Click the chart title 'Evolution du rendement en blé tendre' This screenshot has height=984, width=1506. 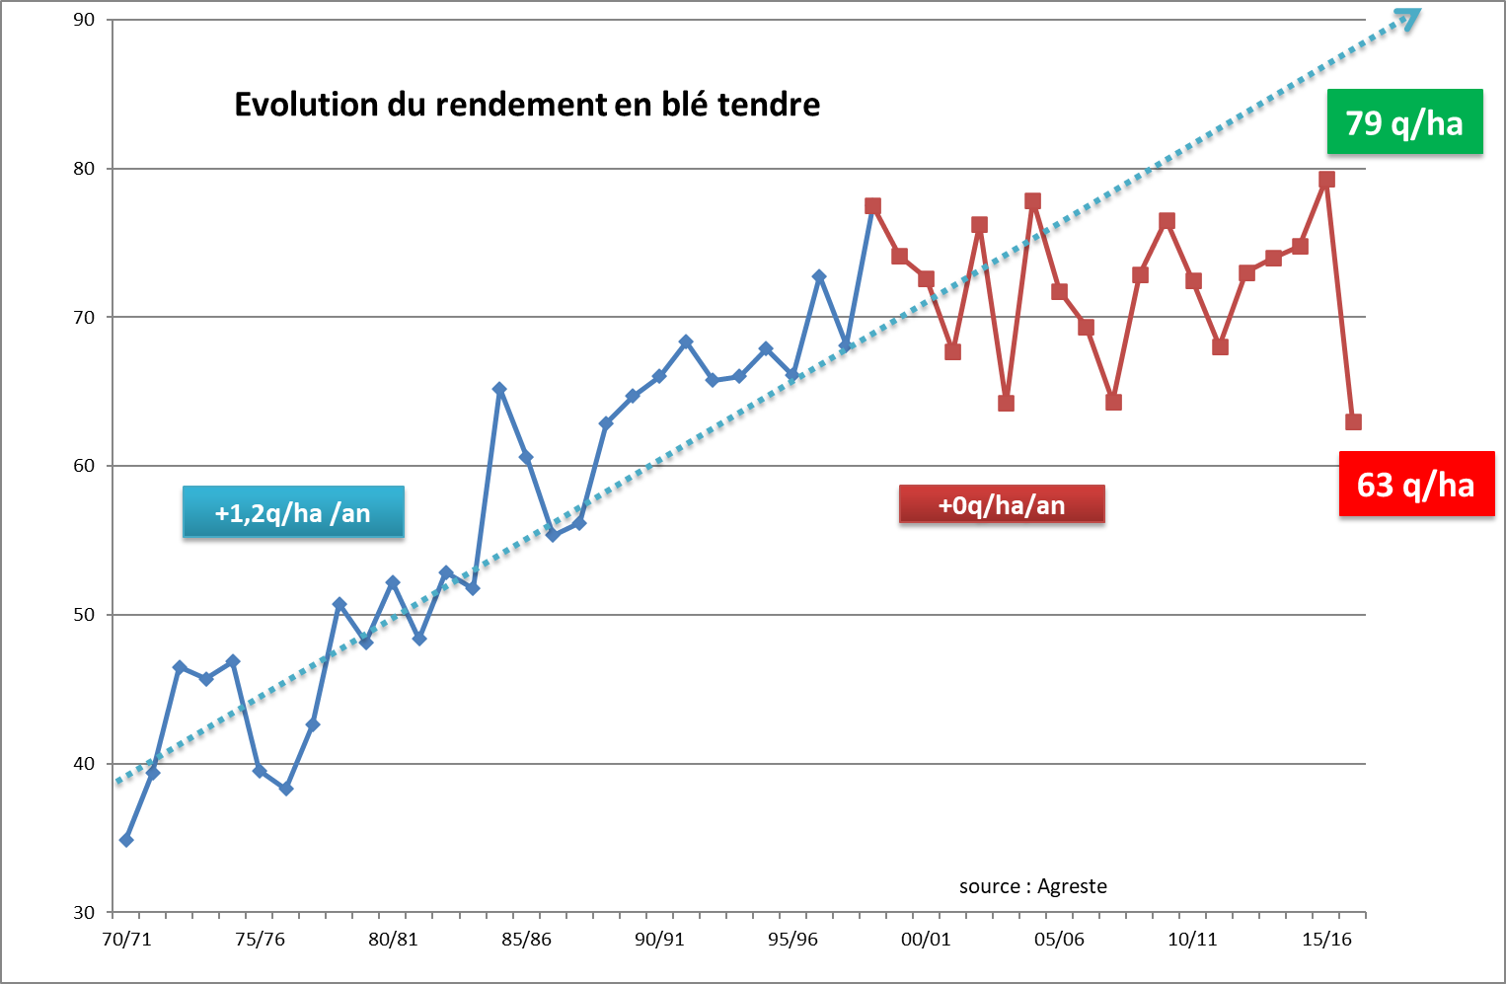[x=527, y=105]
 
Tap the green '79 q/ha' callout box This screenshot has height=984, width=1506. [x=1404, y=122]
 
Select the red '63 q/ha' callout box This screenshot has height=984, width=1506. [x=1415, y=485]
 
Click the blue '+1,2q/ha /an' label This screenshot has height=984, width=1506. [x=293, y=512]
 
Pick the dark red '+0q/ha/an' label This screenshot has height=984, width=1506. [x=1001, y=505]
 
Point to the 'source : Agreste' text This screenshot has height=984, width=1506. [x=1032, y=886]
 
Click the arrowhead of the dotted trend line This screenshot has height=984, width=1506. [x=1408, y=19]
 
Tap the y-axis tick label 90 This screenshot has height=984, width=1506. [x=84, y=20]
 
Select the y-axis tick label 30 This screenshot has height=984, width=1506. [x=84, y=913]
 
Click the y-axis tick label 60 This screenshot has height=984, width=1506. [x=84, y=466]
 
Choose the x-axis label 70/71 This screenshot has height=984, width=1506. [x=127, y=939]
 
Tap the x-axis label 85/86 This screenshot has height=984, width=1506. [x=526, y=939]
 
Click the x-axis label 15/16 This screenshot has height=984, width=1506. [x=1326, y=939]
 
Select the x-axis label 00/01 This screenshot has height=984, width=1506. [x=926, y=939]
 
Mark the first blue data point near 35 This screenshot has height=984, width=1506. [x=126, y=840]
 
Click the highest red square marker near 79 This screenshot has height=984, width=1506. [x=1326, y=180]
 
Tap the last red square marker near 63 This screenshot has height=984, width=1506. [x=1353, y=422]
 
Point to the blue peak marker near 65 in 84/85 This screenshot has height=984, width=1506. [x=499, y=390]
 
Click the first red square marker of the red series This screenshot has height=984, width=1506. [x=872, y=206]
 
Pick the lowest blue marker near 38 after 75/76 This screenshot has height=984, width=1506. [x=286, y=789]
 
